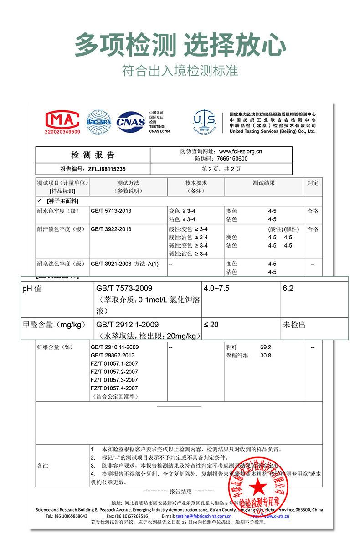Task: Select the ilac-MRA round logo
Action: pos(99,121)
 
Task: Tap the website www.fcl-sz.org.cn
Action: pos(241,151)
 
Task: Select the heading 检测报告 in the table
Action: pos(93,155)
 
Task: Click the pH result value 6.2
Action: pos(288,289)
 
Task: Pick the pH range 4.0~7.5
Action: pos(216,289)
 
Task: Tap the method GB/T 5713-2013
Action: pos(111,211)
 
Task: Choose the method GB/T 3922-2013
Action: pos(111,229)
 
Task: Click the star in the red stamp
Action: pos(258,487)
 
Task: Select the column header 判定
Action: pos(313,183)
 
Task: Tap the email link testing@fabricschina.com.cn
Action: pos(204,516)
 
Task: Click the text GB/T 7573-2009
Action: pos(124,289)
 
